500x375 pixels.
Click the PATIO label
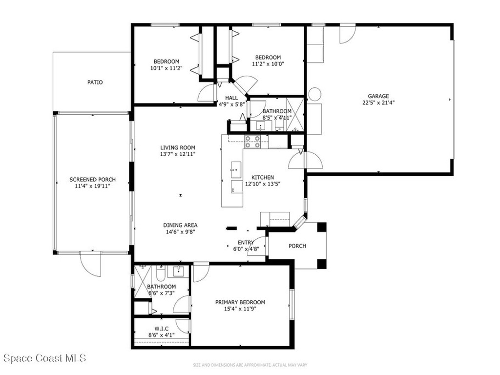[95, 82]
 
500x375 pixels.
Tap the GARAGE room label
[378, 96]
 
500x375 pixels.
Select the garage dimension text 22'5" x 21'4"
[378, 103]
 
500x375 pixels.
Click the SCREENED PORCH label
[92, 180]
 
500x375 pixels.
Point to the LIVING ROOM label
[178, 147]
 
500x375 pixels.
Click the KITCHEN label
[263, 177]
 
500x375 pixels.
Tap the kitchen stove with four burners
[252, 142]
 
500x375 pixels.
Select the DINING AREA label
[180, 225]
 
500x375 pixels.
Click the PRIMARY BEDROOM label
[240, 302]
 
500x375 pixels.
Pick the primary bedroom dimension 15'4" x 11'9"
[240, 309]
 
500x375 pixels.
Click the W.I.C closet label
[161, 329]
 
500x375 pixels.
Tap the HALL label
[231, 98]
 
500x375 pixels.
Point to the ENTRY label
[246, 242]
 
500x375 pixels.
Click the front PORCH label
[297, 246]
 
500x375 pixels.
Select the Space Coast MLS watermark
[45, 358]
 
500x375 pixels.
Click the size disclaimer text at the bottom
[250, 365]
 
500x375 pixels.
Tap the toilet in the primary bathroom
[160, 273]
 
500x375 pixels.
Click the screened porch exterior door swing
[90, 265]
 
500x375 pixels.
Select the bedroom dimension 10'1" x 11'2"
[166, 68]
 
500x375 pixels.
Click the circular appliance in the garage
[315, 94]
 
